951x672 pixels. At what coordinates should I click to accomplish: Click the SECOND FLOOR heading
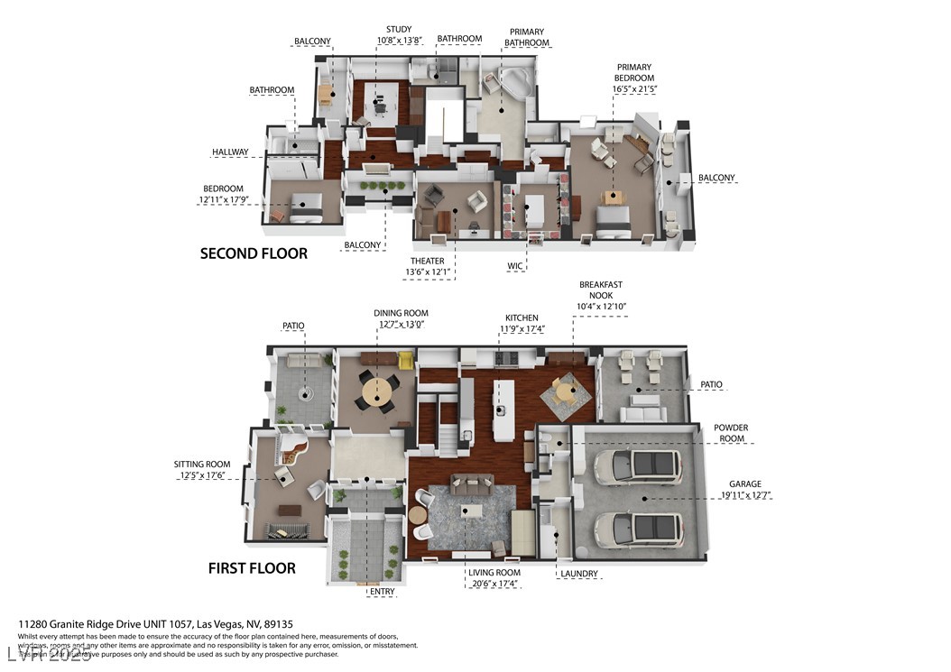click(254, 253)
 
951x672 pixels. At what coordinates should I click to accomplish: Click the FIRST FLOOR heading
click(252, 568)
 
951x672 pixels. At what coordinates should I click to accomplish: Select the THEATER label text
click(427, 261)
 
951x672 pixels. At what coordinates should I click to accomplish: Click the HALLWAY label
click(230, 152)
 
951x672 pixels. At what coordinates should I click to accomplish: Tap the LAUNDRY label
click(578, 574)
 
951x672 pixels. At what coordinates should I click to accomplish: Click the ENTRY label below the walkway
click(369, 592)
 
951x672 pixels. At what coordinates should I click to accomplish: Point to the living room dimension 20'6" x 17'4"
click(494, 585)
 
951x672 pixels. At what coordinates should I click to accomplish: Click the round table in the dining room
click(376, 392)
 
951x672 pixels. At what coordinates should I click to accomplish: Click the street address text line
click(156, 624)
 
